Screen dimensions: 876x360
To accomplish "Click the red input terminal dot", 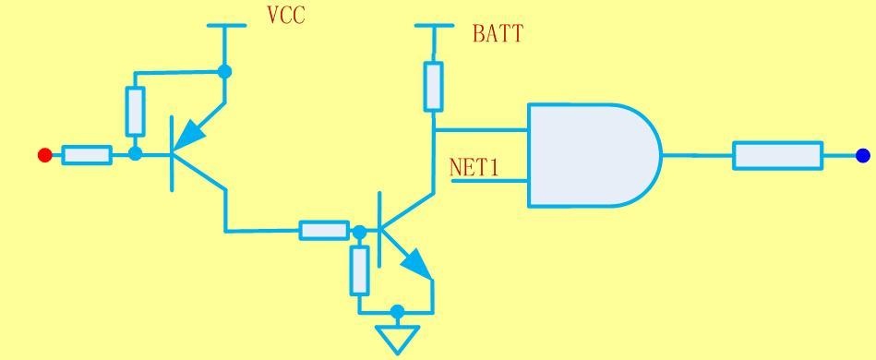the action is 44,155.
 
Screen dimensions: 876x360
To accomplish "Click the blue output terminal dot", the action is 863,155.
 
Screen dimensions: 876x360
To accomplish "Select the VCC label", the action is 286,15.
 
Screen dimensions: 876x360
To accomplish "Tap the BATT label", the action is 498,33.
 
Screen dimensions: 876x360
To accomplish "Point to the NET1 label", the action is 474,168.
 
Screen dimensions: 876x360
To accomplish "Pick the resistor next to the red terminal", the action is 87,155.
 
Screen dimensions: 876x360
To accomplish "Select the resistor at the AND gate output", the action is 777,155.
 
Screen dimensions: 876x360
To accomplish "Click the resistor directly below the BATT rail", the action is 434,86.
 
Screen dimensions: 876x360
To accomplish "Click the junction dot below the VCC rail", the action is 224,71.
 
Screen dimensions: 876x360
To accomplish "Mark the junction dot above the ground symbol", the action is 397,311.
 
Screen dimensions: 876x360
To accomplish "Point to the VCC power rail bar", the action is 226,25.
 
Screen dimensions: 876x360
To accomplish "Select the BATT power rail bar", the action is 434,25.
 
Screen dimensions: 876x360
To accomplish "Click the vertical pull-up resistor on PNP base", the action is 135,111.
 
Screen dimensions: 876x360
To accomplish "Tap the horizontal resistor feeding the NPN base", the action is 324,231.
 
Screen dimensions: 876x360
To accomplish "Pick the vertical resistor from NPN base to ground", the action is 360,270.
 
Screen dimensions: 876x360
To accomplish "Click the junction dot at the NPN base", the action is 360,231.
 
